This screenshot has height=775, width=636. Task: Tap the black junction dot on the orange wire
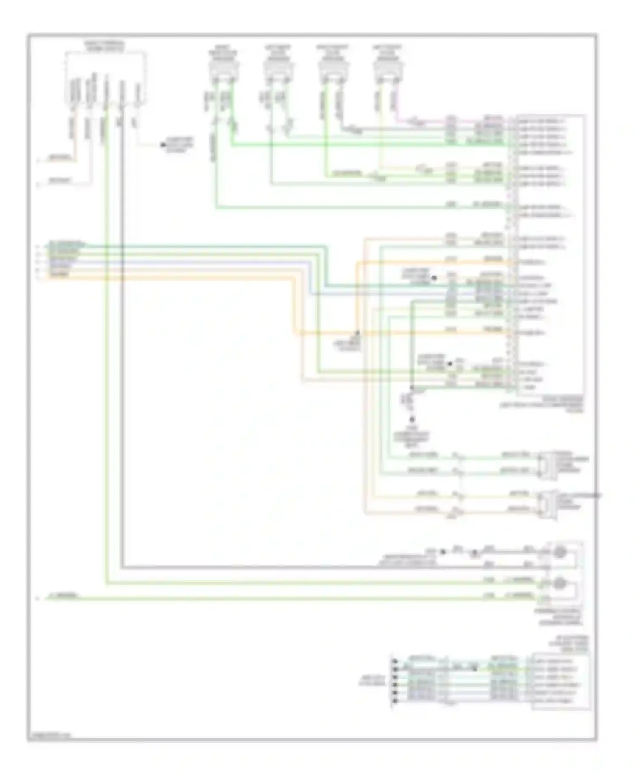click(357, 333)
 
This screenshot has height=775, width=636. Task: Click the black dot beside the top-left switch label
click(162, 145)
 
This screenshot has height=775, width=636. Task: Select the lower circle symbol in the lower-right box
click(560, 583)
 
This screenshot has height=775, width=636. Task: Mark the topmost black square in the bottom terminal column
click(395, 661)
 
